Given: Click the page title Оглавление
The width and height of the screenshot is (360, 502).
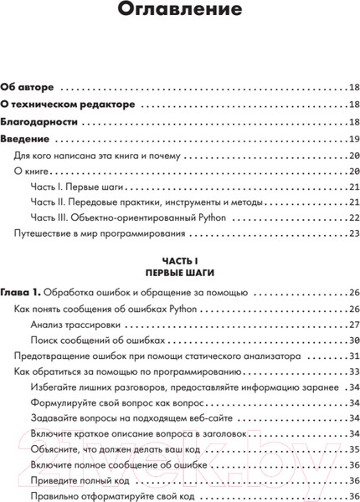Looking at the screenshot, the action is [179, 12].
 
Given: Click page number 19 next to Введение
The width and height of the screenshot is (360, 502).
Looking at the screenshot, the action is [354, 139].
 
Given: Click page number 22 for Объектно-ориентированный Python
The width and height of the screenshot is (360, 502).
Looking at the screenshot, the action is [354, 218].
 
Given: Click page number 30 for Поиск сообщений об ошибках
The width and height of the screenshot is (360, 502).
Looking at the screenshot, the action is [354, 341].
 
